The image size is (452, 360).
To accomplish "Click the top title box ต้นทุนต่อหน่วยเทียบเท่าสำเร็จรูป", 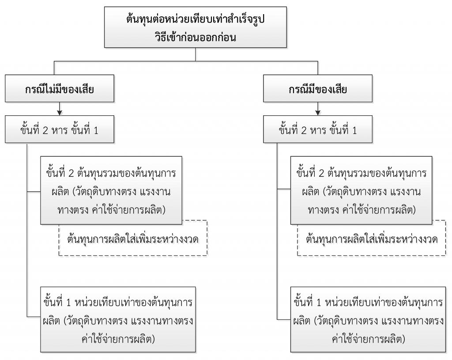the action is click(x=196, y=27).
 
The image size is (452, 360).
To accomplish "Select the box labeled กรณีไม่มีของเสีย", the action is click(x=60, y=88).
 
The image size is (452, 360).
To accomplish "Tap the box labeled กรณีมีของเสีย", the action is click(x=318, y=88).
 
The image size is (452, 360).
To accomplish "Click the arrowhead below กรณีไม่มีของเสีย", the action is click(x=60, y=113).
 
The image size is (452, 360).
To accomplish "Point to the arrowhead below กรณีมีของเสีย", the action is click(x=318, y=113).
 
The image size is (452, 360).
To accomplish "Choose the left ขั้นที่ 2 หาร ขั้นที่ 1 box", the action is click(x=60, y=129).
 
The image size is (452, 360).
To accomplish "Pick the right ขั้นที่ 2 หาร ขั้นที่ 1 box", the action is click(x=318, y=129).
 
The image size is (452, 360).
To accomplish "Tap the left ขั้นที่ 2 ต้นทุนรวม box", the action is click(x=111, y=190).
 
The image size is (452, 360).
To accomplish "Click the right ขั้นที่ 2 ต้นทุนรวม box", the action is click(x=361, y=190).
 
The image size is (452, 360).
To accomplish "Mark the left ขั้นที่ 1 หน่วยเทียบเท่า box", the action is click(x=118, y=320).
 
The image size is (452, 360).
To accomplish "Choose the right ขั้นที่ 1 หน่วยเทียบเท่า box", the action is click(x=368, y=320).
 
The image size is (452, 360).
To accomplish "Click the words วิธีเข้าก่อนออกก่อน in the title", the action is click(x=196, y=37).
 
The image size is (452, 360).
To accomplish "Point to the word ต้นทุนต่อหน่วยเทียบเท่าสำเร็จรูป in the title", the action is click(x=196, y=19).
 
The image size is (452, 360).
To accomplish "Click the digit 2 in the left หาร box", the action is click(x=45, y=131).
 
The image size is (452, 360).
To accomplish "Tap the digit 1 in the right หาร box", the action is click(x=354, y=131).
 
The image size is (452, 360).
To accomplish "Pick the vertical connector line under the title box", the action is click(x=196, y=54).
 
